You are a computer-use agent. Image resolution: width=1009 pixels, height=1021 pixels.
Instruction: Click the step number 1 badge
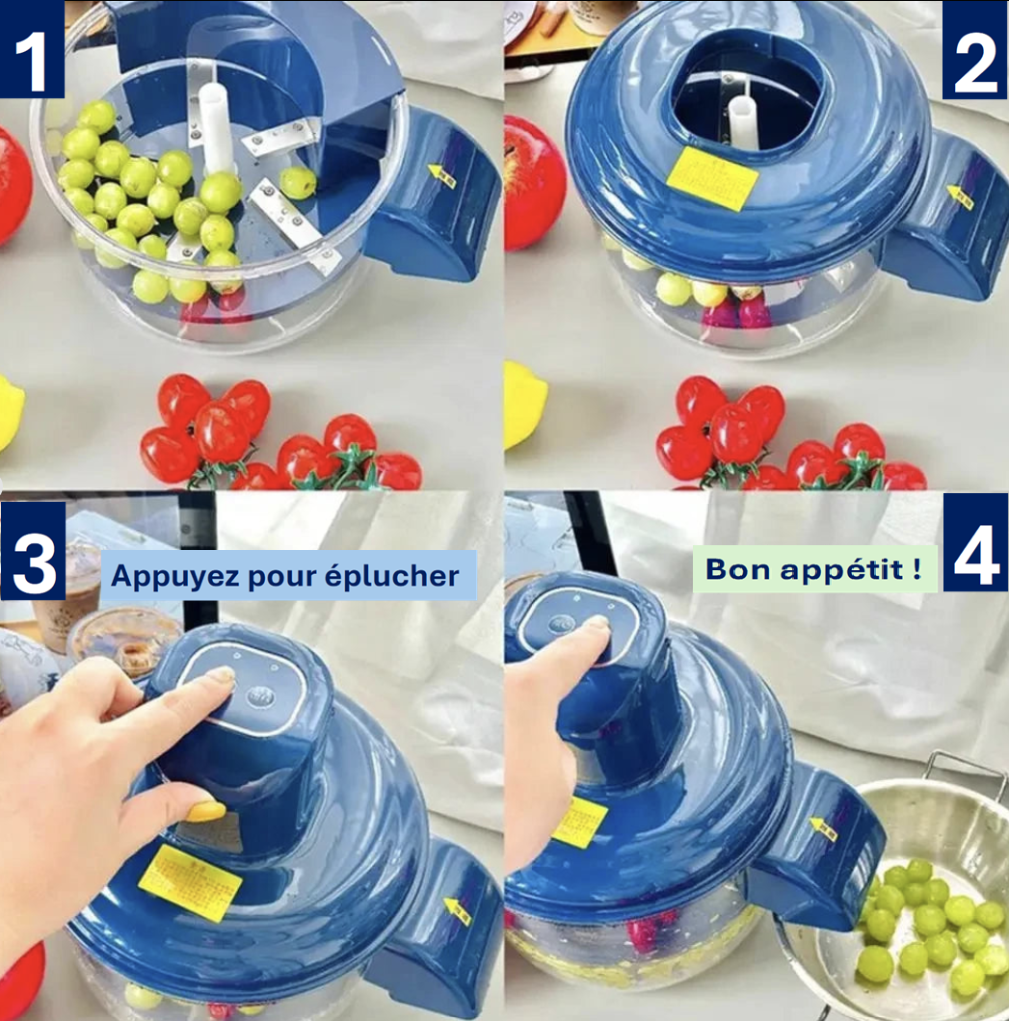coord(32,49)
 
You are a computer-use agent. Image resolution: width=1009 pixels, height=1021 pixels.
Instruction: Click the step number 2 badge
coord(974,49)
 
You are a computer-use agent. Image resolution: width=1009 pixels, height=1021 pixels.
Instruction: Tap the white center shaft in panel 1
coord(217,125)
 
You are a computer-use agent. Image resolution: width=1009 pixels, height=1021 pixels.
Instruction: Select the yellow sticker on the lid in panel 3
coord(190,881)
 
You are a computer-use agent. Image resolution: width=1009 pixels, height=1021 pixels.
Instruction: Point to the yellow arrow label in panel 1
coord(442,172)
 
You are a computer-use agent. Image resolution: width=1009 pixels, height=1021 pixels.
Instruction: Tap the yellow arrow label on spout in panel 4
coord(824,828)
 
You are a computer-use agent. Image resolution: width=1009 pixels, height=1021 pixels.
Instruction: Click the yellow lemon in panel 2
coord(523,405)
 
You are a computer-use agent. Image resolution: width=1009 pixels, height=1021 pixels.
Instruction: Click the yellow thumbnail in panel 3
coord(205,811)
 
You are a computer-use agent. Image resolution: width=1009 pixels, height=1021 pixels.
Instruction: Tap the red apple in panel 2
coord(533,183)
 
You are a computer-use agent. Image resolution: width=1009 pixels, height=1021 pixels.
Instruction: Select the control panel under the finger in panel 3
coord(244,687)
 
